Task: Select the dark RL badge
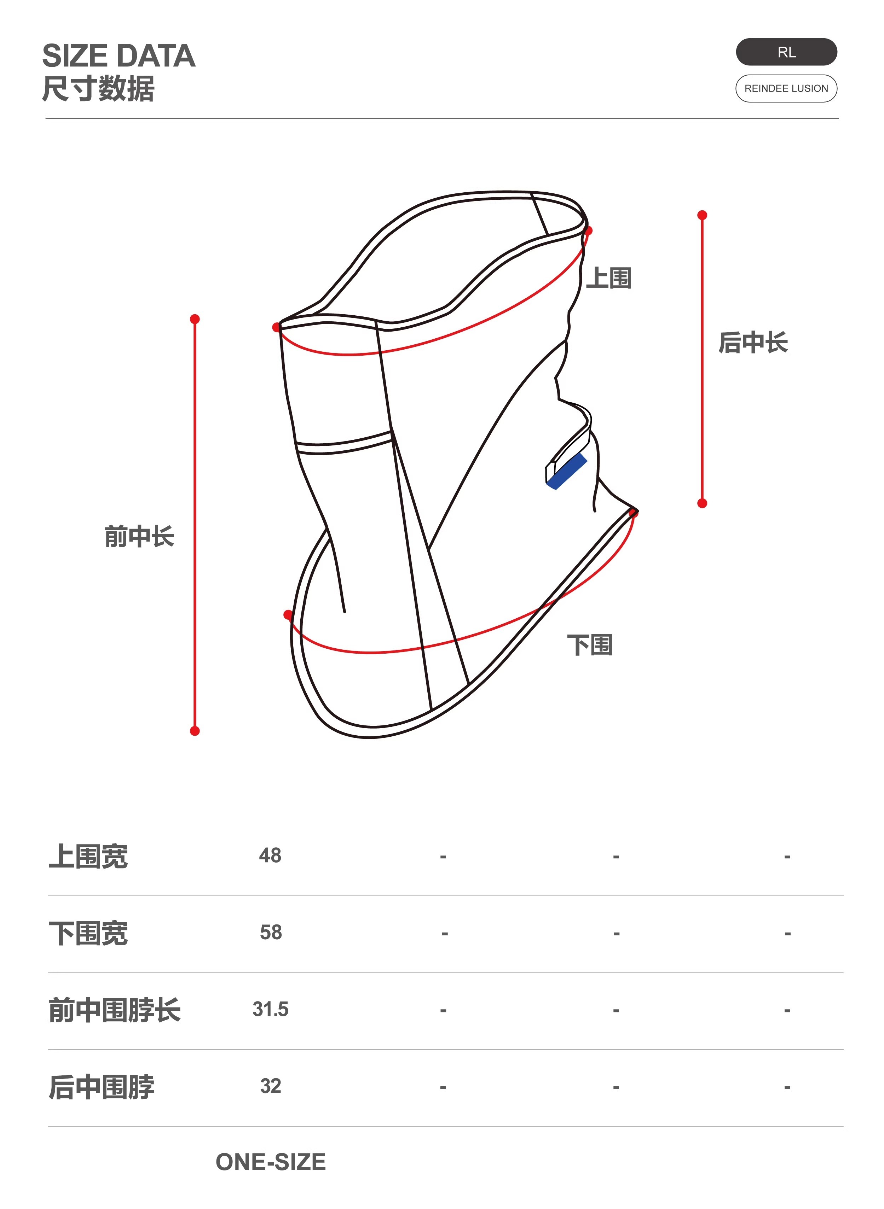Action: tap(786, 52)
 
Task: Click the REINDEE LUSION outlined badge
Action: tap(786, 88)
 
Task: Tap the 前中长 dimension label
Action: tap(139, 536)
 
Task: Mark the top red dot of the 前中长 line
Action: tap(195, 319)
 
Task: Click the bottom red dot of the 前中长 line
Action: tap(195, 730)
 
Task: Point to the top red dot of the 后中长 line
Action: tap(702, 215)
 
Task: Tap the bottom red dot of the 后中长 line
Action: tap(702, 503)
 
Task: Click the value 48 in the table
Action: tap(270, 855)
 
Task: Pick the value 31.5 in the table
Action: tap(270, 1009)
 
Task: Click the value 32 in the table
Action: tap(270, 1086)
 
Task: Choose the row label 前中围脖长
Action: tap(115, 1010)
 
